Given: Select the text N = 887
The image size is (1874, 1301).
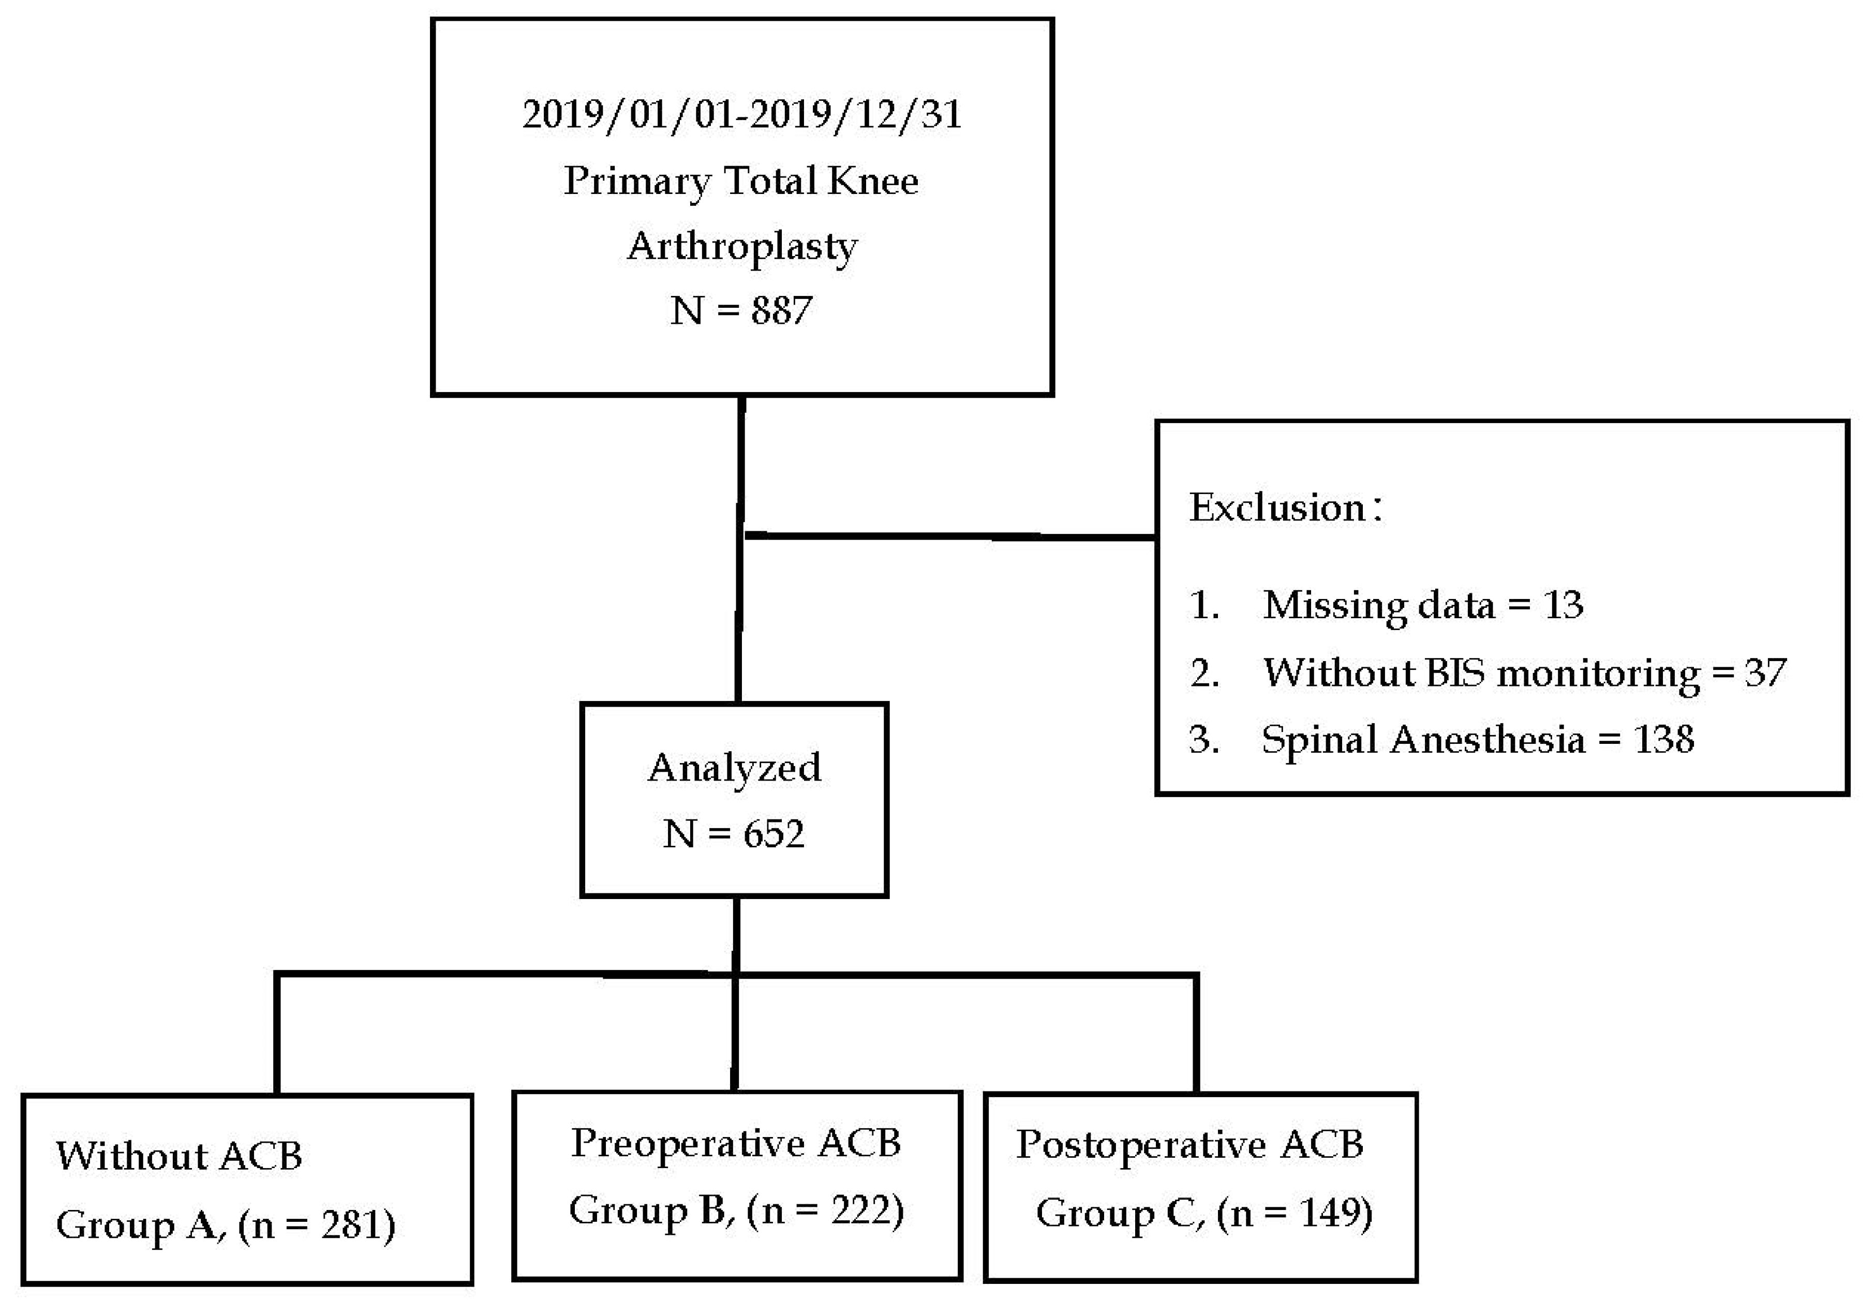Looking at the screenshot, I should point(741,310).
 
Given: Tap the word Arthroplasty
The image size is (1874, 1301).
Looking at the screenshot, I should point(742,246).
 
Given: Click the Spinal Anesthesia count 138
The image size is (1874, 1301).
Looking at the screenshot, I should point(1664,739).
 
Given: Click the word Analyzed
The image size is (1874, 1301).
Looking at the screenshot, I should point(734,768).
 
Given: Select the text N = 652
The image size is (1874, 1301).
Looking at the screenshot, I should point(734,834).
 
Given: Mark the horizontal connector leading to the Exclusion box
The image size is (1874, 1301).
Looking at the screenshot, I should point(949,535).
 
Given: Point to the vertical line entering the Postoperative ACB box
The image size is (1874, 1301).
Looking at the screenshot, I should point(1195,1035).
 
